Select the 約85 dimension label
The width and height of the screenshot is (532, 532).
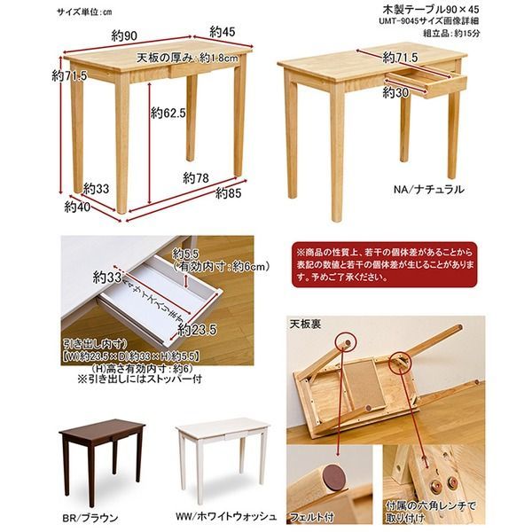point(230,193)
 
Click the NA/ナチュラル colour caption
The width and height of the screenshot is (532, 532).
point(429,190)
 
